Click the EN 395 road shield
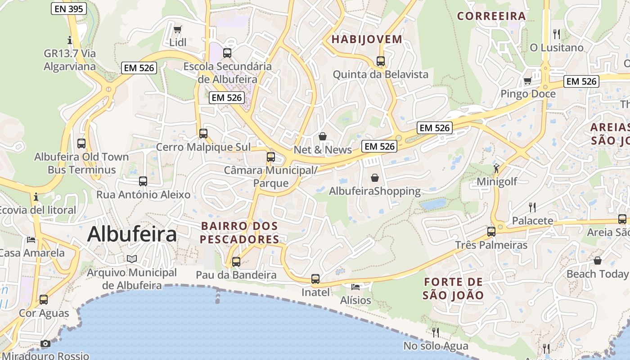point(68,8)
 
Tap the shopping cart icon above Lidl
point(178,30)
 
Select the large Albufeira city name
point(132,234)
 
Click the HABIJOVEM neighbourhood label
point(367,39)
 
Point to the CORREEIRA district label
point(491,16)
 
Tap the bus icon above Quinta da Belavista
point(381,61)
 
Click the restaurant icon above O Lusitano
point(557,34)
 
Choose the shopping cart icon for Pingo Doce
point(528,81)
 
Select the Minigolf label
point(497,181)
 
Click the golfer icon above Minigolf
point(496,168)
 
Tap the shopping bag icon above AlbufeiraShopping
point(375,178)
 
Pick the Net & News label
point(323,150)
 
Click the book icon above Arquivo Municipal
point(131,259)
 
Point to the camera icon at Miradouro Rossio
point(45,344)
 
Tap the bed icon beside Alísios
point(355,287)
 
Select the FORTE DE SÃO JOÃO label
point(453,288)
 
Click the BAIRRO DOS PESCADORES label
point(239,232)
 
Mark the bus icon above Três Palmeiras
point(491,232)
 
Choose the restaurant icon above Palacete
point(532,207)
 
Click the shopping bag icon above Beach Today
point(597,261)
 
